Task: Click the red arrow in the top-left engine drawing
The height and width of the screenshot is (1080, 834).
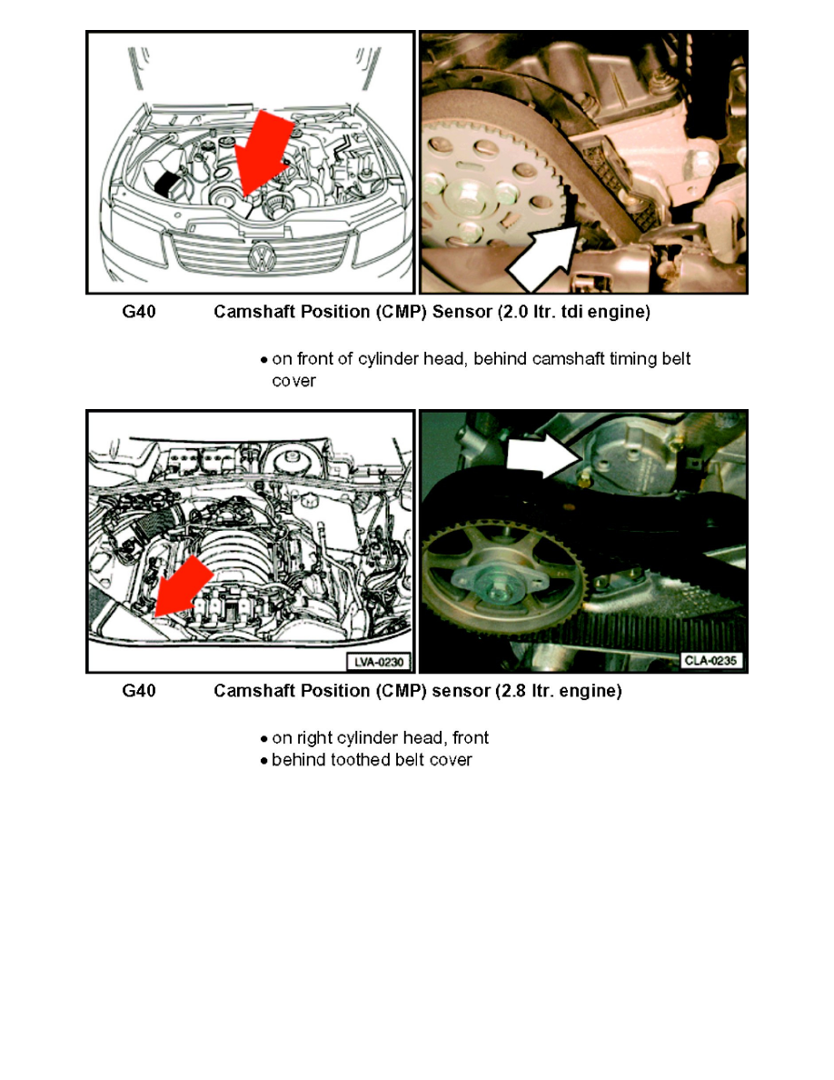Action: pos(259,158)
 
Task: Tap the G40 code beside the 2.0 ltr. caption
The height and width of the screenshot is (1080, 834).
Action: pos(139,313)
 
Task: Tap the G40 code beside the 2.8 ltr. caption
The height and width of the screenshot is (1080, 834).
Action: pos(139,691)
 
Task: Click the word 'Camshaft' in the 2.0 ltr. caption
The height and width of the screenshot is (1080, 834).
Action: pos(250,313)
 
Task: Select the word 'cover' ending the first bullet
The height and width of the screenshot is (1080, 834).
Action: pos(293,381)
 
